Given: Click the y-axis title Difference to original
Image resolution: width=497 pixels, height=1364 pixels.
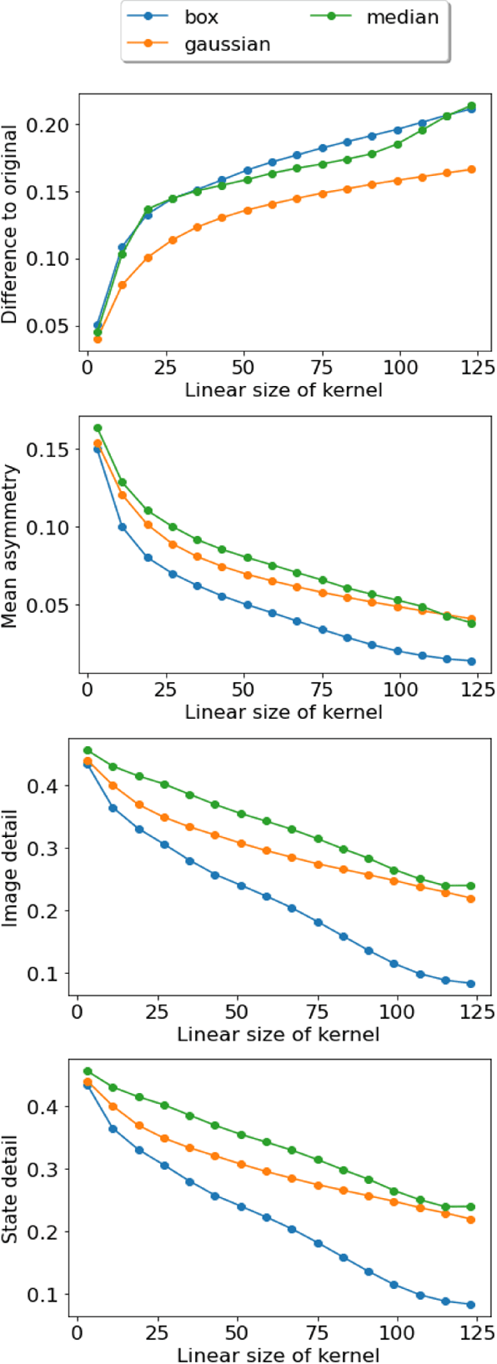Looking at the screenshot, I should click(10, 225).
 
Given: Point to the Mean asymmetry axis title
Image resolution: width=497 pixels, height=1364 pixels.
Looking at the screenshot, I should click(10, 547).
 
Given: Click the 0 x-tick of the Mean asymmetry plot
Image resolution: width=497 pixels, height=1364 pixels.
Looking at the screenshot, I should click(88, 690).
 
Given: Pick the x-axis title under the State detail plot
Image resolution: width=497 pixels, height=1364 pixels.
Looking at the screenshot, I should click(278, 1355).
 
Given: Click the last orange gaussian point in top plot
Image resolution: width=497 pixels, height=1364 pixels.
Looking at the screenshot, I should click(471, 169).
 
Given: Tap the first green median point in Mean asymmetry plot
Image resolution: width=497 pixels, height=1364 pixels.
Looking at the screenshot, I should click(98, 428).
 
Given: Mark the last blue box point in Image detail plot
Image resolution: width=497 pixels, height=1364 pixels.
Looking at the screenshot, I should click(471, 984).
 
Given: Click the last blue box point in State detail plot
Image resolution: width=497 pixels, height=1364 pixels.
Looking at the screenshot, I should click(471, 1305).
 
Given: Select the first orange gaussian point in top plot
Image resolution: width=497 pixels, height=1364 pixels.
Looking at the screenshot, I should click(98, 339).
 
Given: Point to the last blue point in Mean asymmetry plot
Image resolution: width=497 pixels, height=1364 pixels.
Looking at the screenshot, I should click(471, 661).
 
